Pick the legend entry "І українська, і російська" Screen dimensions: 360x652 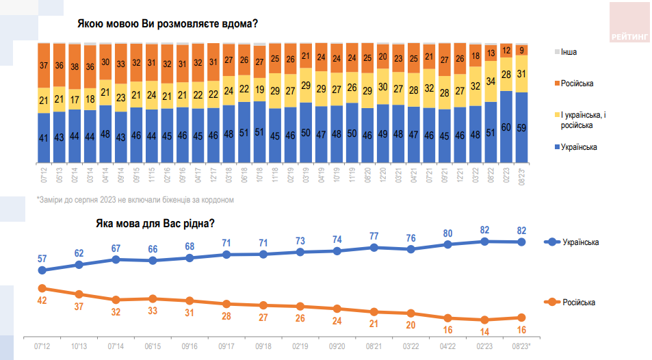point(582,120)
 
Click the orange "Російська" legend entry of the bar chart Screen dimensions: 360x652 point(577,83)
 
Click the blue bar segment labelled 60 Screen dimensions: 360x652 point(507,126)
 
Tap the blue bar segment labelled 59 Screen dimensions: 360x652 point(522,126)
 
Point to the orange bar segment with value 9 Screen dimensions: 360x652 point(522,50)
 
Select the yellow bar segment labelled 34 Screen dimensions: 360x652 point(491,81)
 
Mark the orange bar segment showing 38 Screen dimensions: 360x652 point(90,66)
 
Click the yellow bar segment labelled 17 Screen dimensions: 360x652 point(75,99)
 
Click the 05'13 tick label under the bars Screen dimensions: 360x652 point(60,174)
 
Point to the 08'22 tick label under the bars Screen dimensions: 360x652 point(491,174)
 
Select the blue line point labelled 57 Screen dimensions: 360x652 point(42,270)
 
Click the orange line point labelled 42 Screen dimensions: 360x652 point(42,288)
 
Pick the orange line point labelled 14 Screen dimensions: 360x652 point(484,320)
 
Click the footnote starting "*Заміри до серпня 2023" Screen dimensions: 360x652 point(135,200)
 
